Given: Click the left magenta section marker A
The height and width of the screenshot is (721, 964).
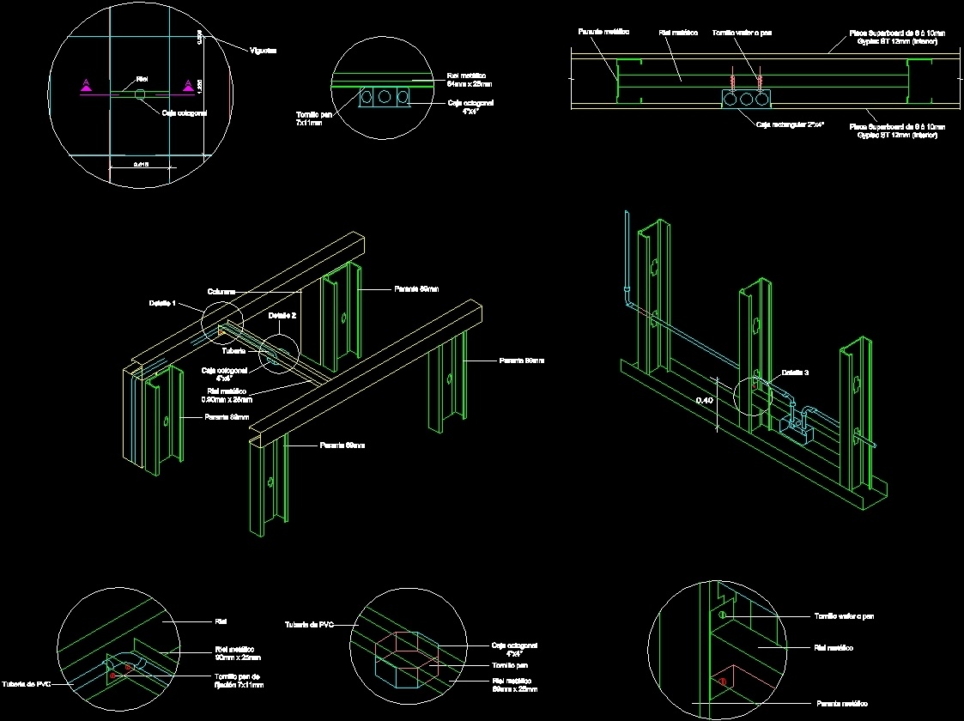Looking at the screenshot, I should tap(86, 84).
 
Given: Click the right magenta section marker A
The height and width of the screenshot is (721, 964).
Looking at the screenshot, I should tap(186, 84).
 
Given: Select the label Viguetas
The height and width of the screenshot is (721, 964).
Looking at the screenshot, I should tap(263, 51).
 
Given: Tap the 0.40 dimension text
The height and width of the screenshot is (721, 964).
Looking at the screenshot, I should tap(704, 400).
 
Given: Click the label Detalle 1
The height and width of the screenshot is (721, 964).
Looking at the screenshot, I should tap(161, 304).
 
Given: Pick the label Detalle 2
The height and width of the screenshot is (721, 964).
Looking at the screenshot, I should tap(282, 316).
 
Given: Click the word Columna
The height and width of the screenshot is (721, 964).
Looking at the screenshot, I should tap(221, 292).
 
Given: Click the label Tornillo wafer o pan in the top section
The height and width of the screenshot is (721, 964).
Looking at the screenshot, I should tap(742, 33).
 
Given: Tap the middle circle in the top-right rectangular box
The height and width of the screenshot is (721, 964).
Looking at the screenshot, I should tap(746, 100).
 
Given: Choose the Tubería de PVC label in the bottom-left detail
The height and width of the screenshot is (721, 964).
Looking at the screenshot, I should tap(25, 683).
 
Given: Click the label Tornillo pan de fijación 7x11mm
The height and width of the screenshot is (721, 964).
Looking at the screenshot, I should tap(239, 681).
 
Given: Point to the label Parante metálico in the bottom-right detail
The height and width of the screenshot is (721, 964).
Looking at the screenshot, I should tap(840, 702).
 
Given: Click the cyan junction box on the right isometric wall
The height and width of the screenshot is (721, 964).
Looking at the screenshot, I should tap(803, 426).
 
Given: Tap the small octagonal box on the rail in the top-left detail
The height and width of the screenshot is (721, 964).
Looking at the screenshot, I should tap(140, 92).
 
